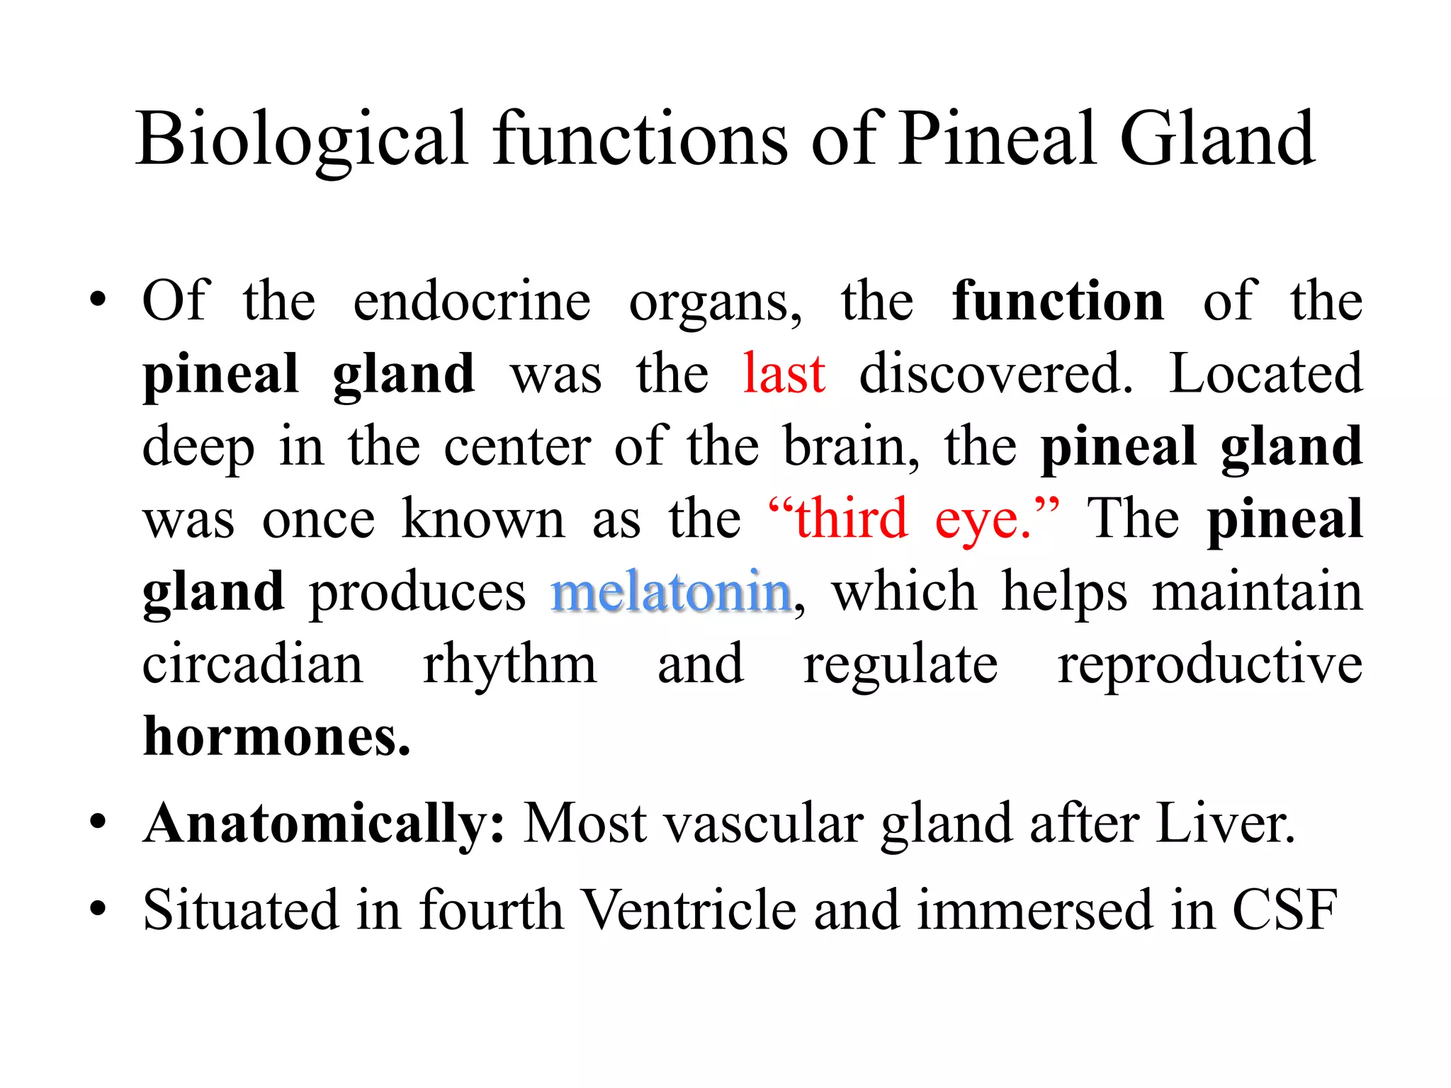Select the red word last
pos(784,373)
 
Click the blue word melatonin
pos(671,591)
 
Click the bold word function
pos(1058,301)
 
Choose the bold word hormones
pos(276,737)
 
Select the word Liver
pos(1226,824)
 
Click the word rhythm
pos(510,666)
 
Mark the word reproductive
pos(1210,666)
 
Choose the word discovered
pos(995,373)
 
